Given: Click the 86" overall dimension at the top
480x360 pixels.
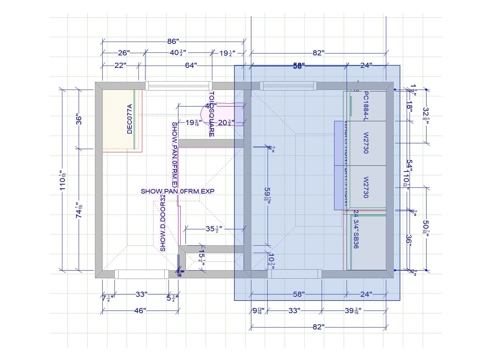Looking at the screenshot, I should point(173,41).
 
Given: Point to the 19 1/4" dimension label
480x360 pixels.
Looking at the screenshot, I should point(226,53).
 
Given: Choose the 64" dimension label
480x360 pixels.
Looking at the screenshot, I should point(191,65).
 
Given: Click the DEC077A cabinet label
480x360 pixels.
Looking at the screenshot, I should point(129,119).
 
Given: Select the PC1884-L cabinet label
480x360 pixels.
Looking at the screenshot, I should point(365,106).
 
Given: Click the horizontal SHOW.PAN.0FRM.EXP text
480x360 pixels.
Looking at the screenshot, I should point(178,192).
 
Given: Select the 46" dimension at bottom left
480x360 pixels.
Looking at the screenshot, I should point(139,310).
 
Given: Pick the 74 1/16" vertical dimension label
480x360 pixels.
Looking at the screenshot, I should point(79,210).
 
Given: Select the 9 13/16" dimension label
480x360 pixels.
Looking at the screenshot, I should point(257,311).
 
